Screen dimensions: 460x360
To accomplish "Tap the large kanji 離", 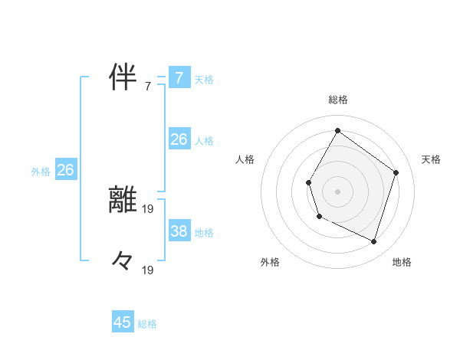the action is tap(123, 200).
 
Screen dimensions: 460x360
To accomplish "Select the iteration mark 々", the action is tap(123, 261).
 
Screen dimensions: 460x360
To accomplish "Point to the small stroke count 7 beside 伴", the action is tap(148, 87).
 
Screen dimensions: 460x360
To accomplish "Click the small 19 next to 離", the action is tap(148, 207).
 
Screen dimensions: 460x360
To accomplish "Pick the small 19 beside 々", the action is tap(148, 270).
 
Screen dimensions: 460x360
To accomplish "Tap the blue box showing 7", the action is tap(179, 77).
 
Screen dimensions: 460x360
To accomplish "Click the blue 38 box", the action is tap(179, 231).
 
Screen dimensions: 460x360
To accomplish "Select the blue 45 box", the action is tap(123, 322).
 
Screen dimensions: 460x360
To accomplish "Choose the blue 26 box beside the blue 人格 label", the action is tap(179, 139).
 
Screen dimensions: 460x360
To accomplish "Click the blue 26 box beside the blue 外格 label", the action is tap(65, 170).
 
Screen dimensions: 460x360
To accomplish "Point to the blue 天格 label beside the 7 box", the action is tap(204, 79).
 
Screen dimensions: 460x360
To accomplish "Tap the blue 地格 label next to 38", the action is tap(204, 232).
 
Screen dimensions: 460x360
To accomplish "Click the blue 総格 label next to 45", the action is tap(147, 324).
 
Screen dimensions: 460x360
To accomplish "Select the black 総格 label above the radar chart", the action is tap(337, 100).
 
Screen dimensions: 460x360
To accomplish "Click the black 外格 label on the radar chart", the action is tap(270, 262).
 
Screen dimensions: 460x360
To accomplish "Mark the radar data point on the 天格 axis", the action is tap(396, 172).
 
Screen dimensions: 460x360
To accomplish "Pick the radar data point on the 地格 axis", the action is tap(373, 241).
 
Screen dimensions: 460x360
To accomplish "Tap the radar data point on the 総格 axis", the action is tap(337, 130).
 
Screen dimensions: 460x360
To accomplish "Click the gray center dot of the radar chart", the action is tap(337, 191).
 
